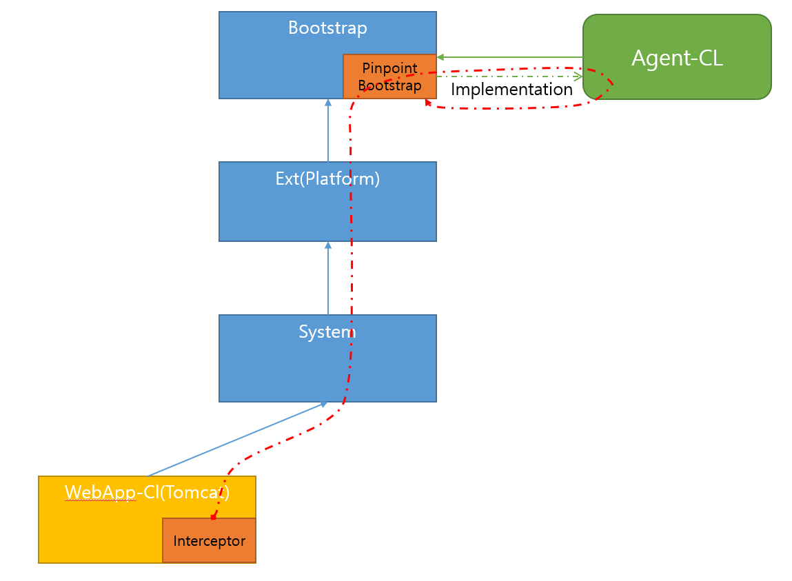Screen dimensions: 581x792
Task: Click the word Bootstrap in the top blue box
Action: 327,28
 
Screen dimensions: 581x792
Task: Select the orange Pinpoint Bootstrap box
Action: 389,77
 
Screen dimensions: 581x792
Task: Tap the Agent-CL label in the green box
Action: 677,59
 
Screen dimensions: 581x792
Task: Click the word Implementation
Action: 511,90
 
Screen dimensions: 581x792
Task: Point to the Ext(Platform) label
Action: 327,179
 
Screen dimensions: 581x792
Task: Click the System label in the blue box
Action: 327,332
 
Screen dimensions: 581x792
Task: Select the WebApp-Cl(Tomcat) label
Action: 147,492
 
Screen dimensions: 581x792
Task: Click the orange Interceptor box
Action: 209,541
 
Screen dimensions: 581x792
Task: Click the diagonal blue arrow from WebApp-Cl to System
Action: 234,440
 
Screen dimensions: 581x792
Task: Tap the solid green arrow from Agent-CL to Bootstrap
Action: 510,57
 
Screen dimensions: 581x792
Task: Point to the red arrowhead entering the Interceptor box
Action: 214,516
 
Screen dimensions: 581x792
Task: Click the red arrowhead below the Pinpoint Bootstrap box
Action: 428,103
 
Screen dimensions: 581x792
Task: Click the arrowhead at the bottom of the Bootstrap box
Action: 328,102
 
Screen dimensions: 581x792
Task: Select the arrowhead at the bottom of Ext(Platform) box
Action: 328,245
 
